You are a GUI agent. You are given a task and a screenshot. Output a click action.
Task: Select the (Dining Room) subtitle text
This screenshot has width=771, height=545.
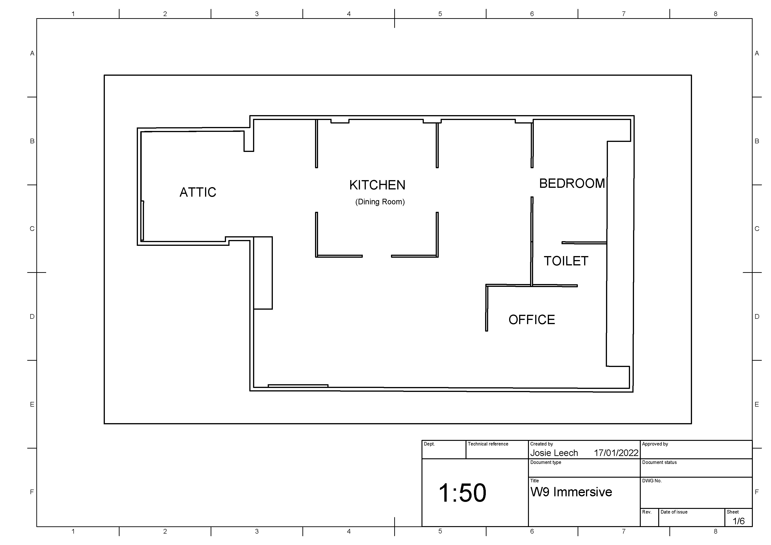(380, 202)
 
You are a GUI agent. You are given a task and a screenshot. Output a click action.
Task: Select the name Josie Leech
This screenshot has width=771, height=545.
(554, 453)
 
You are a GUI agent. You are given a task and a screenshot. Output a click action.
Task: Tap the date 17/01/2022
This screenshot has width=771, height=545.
(616, 453)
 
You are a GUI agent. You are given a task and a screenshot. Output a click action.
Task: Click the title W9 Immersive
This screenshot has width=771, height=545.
(571, 492)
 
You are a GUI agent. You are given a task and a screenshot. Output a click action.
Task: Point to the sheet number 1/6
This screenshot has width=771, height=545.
(738, 521)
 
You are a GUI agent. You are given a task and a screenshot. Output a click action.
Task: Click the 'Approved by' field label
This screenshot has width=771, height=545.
(655, 444)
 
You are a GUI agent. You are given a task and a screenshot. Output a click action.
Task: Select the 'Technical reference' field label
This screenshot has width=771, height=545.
(488, 444)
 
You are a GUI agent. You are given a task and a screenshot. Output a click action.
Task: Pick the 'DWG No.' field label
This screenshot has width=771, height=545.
(652, 481)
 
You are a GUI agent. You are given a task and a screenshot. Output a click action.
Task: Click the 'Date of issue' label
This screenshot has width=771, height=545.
(674, 512)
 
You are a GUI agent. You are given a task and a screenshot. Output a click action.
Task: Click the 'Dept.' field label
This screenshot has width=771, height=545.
(429, 444)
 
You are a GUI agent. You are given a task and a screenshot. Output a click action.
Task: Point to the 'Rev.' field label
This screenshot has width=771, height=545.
(647, 512)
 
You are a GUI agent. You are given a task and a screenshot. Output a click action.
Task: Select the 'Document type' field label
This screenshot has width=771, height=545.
(546, 462)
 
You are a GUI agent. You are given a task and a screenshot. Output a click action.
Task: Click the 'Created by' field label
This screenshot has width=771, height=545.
(541, 444)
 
